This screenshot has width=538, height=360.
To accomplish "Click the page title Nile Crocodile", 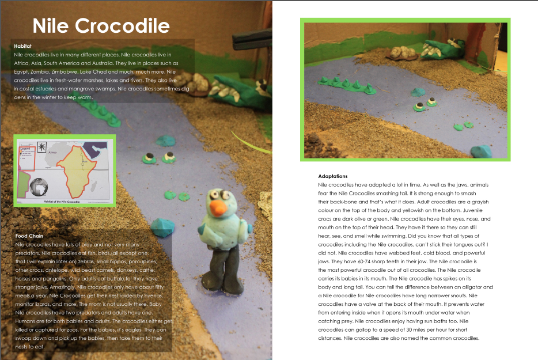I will coord(101,26).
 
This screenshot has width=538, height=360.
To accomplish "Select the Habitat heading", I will coord(22,46).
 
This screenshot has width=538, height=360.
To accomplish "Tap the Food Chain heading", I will coord(29,236).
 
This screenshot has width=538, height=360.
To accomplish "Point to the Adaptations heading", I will coord(333,176).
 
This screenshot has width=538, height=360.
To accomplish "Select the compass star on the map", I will coord(41,146).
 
